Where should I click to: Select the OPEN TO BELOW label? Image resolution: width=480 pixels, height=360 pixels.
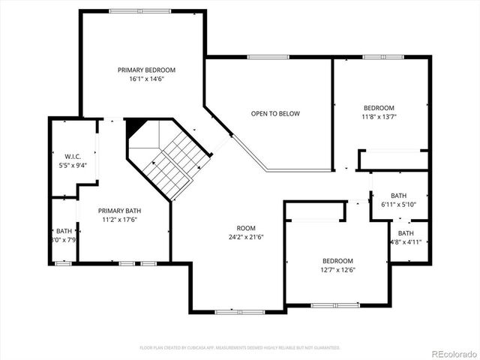point(275,114)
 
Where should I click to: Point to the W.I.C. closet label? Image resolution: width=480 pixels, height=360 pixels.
point(73,157)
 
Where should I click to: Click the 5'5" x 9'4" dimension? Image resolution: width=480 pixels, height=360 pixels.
point(73,166)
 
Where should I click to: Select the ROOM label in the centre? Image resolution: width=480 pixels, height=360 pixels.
point(246,228)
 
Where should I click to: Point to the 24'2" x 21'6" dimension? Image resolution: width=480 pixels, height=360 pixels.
point(246,237)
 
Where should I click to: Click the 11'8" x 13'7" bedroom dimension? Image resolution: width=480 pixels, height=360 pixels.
point(379,117)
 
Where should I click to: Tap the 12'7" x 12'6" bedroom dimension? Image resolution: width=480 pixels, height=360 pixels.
point(337,270)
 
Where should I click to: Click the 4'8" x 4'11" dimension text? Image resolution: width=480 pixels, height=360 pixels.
point(406,242)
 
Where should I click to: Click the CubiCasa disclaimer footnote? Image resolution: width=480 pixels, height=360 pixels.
point(240,348)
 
